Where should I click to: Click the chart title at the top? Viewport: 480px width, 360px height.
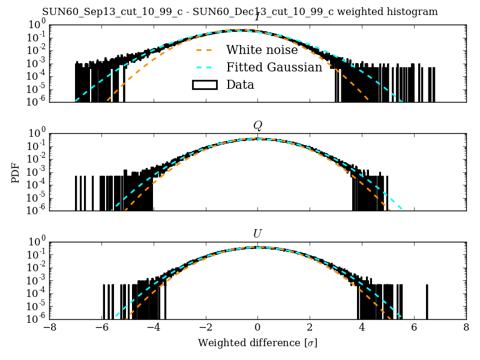click(240, 11)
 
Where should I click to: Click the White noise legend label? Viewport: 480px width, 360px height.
click(262, 50)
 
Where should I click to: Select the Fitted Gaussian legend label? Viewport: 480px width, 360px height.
click(274, 67)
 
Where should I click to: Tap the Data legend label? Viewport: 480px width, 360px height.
click(240, 85)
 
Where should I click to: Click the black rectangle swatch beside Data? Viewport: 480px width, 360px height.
click(204, 85)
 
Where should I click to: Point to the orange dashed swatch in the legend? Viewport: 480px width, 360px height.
click(204, 50)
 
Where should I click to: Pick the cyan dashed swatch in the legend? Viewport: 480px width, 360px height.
click(204, 67)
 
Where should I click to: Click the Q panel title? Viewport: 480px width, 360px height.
click(257, 125)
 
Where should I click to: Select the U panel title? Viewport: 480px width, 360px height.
click(257, 233)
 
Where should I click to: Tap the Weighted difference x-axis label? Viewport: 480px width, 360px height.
click(257, 343)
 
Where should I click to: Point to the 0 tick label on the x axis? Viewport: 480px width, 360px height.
click(257, 328)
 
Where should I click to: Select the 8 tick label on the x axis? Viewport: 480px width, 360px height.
click(466, 328)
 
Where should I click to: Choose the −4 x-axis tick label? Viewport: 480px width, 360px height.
click(154, 328)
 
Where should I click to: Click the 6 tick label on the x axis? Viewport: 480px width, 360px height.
click(414, 328)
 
